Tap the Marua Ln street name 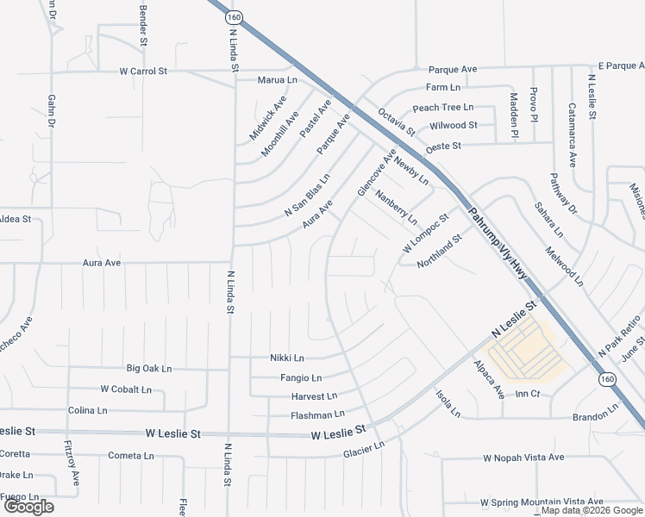pyautogui.click(x=277, y=80)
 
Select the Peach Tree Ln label pyautogui.click(x=443, y=108)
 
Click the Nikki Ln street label pyautogui.click(x=287, y=358)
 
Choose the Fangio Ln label pyautogui.click(x=300, y=377)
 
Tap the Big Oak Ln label pyautogui.click(x=149, y=368)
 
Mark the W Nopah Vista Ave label pyautogui.click(x=523, y=458)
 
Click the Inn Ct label pyautogui.click(x=527, y=394)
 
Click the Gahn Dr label pyautogui.click(x=51, y=113)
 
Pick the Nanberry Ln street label pyautogui.click(x=396, y=206)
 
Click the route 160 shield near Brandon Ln pyautogui.click(x=609, y=378)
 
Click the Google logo pyautogui.click(x=28, y=507)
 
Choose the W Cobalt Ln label pyautogui.click(x=126, y=389)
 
